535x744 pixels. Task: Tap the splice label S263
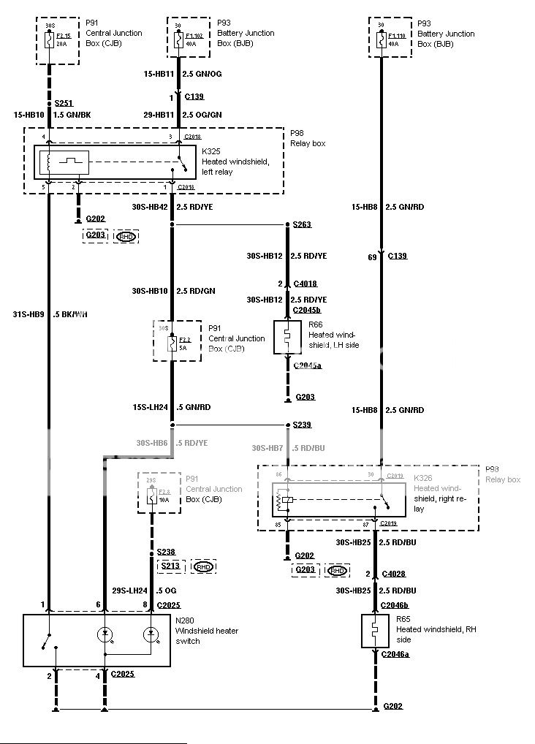302,224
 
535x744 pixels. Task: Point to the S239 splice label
302,425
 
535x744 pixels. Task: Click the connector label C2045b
307,310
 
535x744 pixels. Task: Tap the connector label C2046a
395,654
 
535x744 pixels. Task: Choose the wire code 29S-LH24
131,590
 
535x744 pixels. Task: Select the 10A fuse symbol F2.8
152,495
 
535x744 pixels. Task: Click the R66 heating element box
287,338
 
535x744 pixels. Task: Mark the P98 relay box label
297,134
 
